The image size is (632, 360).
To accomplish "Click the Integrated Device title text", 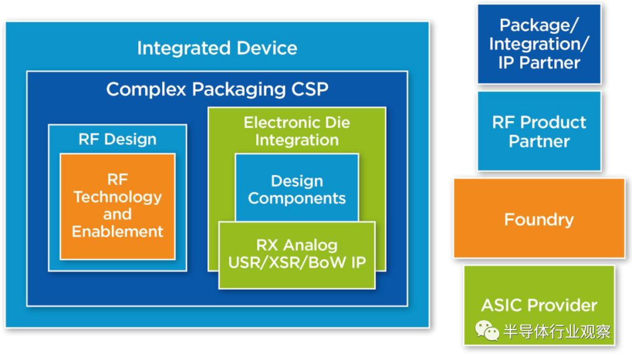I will pos(217,48).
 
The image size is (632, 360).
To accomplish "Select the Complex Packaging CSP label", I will pos(217,89).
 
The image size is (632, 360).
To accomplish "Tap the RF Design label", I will pos(117,139).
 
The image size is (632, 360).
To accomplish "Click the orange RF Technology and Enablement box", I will pos(117,206).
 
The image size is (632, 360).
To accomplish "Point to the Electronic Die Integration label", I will pos(297,131).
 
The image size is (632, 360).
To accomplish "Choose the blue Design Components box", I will pos(297,188).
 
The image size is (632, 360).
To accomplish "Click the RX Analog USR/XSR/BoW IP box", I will pos(297,254).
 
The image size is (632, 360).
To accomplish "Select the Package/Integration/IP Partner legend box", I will pos(539,44).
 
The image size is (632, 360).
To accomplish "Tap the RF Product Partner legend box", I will pos(539,131).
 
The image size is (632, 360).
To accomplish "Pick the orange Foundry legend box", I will pos(539,219).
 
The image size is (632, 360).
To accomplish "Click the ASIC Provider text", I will pos(539,305).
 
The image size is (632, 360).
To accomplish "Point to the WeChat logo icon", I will pos(487,331).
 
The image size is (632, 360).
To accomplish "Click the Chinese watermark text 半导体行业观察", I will pos(557,332).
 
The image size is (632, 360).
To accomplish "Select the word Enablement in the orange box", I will pos(117,231).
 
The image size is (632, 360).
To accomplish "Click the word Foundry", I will pos(539,220).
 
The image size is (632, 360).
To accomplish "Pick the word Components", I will pos(297,198).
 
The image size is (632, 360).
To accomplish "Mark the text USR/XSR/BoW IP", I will pos(297,262).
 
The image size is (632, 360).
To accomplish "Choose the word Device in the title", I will pos(264,48).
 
